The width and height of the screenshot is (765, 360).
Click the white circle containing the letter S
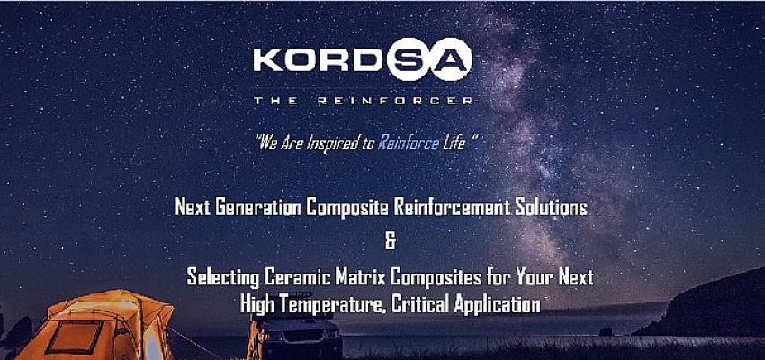click(409, 59)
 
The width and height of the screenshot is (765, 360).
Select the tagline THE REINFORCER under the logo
click(363, 101)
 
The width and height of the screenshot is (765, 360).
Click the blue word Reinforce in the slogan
click(409, 143)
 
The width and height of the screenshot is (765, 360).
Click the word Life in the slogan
click(454, 143)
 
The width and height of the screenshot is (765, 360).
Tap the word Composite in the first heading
click(346, 209)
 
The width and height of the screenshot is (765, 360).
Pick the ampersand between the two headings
click(391, 242)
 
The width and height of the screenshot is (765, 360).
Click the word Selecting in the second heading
click(223, 278)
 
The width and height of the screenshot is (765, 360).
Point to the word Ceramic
click(298, 277)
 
